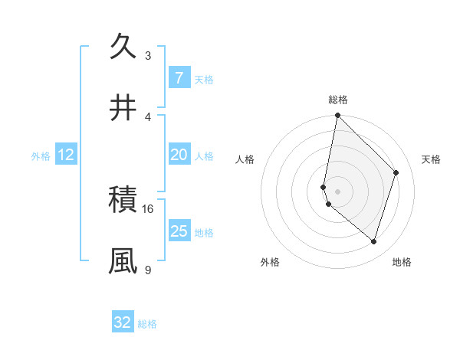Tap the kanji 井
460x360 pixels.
123,107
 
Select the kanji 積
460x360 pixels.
123,199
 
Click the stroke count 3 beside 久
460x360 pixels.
148,55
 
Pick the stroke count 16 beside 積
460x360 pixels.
148,208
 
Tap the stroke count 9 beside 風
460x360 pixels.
148,270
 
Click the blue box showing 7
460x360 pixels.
179,78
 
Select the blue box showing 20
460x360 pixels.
179,155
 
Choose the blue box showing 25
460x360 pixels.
179,231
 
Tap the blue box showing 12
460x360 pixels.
65,155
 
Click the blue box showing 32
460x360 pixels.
123,322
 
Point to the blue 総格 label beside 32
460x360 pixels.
147,324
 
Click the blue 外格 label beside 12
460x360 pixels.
41,156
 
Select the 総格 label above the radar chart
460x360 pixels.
338,100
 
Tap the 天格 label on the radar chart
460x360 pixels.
431,159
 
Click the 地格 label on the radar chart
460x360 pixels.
402,262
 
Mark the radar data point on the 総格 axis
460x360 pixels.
337,115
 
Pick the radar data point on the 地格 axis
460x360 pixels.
373,241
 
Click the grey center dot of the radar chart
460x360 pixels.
337,191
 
